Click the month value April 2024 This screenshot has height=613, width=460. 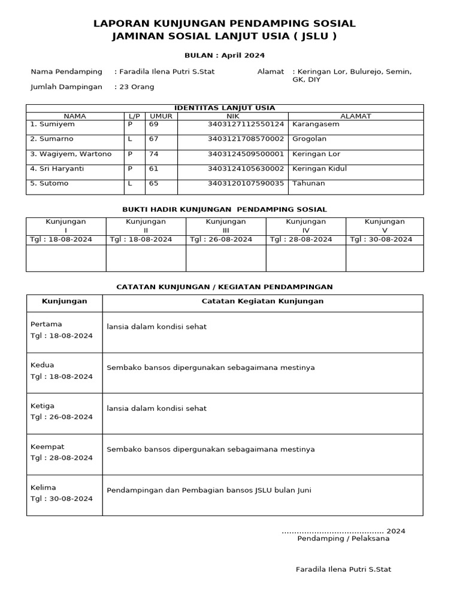click(243, 55)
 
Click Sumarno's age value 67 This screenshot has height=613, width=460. click(154, 139)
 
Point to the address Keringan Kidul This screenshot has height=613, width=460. click(319, 169)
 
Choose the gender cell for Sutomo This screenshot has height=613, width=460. click(130, 183)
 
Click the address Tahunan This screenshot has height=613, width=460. click(308, 183)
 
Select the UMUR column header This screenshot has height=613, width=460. click(161, 116)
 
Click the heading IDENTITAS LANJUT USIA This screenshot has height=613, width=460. click(225, 108)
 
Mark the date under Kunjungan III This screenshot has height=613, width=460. click(221, 239)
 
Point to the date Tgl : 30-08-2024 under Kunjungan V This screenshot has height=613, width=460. click(381, 239)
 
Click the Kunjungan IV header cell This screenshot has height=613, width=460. click(305, 226)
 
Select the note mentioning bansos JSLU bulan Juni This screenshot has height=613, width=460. click(208, 490)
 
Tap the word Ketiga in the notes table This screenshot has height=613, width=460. click(43, 406)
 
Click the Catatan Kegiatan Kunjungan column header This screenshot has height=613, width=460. click(262, 301)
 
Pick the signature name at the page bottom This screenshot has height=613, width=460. click(343, 569)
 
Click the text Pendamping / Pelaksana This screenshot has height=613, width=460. click(343, 538)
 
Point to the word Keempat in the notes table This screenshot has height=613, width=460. click(47, 447)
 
